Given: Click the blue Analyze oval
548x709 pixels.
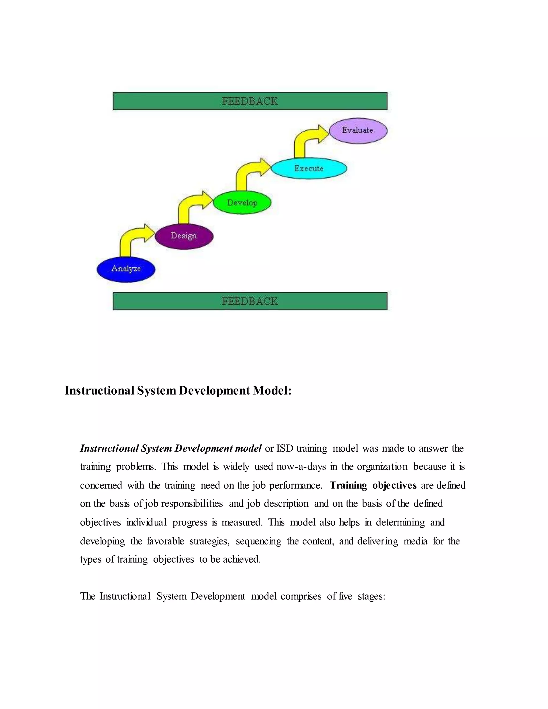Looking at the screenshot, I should click(x=126, y=269).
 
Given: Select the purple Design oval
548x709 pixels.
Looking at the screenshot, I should click(x=184, y=236).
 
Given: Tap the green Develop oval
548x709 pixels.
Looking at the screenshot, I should click(x=242, y=203).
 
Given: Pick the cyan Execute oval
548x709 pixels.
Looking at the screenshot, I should click(x=309, y=169).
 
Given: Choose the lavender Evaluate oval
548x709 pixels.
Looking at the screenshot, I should click(x=358, y=131).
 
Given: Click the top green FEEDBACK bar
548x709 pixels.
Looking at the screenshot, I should click(x=250, y=101).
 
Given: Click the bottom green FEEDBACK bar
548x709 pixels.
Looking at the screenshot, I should click(x=250, y=301).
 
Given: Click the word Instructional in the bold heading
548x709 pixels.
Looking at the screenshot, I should click(x=99, y=391).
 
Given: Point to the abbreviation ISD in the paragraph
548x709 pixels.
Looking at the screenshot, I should click(x=285, y=449).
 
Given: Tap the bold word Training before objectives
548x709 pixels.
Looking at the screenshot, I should click(x=348, y=485).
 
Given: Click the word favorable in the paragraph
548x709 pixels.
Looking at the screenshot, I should click(x=165, y=541).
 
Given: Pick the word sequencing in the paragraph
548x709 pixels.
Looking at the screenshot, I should click(x=258, y=541).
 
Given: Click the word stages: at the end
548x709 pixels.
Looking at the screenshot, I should click(x=371, y=596).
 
